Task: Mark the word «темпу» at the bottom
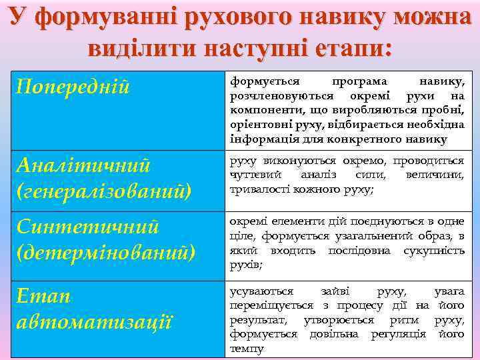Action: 247,349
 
